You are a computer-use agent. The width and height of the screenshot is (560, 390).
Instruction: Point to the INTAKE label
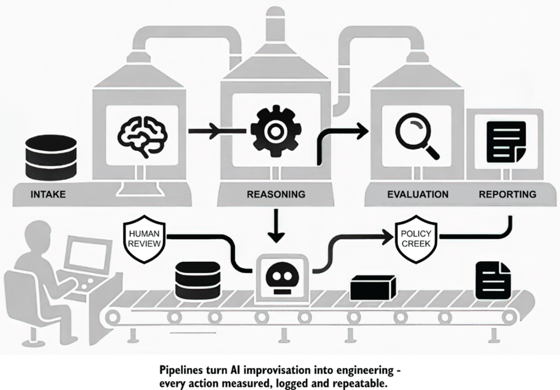[48, 194]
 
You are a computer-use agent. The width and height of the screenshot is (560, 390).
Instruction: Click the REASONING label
[276, 194]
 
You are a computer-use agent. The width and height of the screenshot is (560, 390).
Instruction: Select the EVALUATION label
[417, 194]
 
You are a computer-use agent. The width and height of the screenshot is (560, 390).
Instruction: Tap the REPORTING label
[507, 194]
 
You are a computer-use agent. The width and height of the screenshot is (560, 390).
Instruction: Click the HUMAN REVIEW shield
[145, 238]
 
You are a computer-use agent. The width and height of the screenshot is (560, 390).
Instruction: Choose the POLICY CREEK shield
[416, 238]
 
